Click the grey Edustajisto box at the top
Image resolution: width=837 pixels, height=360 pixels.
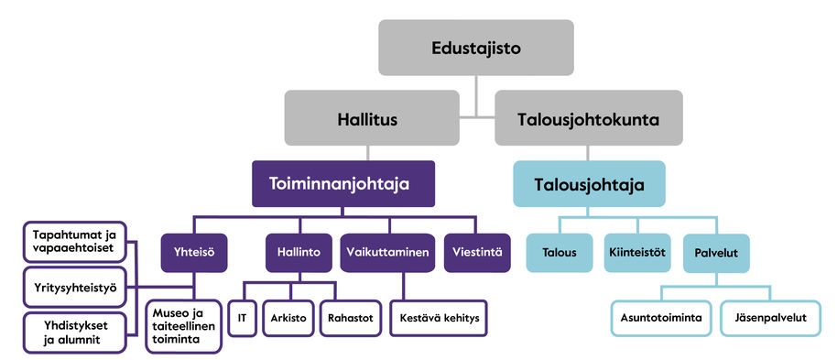click(476, 48)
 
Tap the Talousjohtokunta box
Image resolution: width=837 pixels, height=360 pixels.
click(589, 118)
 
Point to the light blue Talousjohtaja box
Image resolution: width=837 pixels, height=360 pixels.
click(590, 185)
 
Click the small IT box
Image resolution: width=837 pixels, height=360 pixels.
click(242, 318)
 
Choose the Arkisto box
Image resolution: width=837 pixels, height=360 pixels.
click(287, 318)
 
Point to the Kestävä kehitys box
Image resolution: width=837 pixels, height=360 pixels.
click(438, 318)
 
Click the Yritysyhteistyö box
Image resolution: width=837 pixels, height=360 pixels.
click(75, 287)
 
